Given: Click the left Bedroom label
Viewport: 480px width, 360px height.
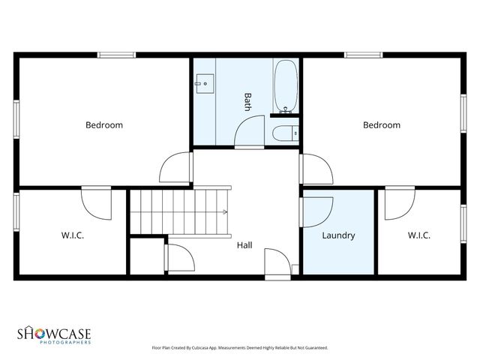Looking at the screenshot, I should [x=103, y=125].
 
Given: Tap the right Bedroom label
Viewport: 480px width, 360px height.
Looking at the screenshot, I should [x=381, y=125].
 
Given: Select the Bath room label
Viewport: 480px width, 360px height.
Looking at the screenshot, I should [x=247, y=102].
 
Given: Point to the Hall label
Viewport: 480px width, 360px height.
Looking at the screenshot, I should [x=244, y=245].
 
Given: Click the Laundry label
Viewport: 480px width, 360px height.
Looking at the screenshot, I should [x=337, y=235].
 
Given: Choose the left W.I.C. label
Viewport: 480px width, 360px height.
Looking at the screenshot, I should [x=72, y=235].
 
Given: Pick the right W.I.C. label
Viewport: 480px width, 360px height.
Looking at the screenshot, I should [x=418, y=235].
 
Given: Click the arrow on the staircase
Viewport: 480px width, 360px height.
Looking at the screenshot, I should [x=223, y=211].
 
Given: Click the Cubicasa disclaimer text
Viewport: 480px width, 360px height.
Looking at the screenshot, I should [x=239, y=348].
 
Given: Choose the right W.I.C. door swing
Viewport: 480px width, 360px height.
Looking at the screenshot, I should [x=399, y=204].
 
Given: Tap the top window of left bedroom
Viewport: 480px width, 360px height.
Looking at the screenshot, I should [x=117, y=54].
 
